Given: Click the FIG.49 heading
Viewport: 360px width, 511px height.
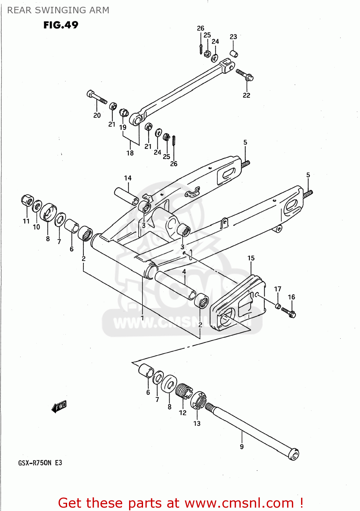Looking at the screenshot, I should click(x=61, y=25).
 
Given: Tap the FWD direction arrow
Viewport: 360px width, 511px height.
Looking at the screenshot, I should click(x=59, y=406).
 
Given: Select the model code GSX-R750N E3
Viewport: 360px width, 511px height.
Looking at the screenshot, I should click(x=40, y=463).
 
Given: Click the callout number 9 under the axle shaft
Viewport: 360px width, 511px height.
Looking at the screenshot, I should click(x=242, y=447).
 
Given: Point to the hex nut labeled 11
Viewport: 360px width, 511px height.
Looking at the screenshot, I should click(x=27, y=200).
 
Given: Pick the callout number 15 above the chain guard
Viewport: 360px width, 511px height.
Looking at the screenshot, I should click(x=251, y=258).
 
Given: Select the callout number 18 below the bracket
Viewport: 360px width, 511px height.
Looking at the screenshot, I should click(x=130, y=153).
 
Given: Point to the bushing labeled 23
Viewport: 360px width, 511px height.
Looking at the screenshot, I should click(x=233, y=53).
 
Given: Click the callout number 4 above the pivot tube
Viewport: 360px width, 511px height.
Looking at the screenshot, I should click(x=184, y=272).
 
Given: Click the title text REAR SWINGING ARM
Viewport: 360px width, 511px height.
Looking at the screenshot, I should click(x=58, y=10).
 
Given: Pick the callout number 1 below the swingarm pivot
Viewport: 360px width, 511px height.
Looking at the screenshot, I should click(x=142, y=318).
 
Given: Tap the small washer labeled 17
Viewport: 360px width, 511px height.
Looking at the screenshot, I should click(x=278, y=306).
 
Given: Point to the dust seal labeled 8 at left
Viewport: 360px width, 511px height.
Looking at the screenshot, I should click(x=48, y=213).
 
